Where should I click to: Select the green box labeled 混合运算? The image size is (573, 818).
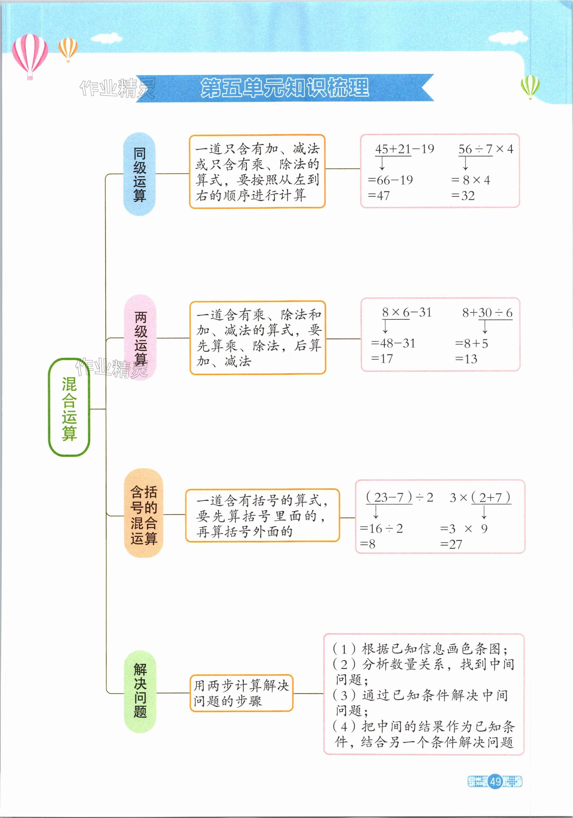pyautogui.click(x=69, y=407)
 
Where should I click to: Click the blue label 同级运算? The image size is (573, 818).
pyautogui.click(x=139, y=174)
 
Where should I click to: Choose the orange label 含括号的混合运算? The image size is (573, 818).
pyautogui.click(x=143, y=515)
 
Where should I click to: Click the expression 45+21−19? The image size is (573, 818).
pyautogui.click(x=405, y=149)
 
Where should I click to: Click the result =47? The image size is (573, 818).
pyautogui.click(x=379, y=196)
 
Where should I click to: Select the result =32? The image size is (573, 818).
pyautogui.click(x=463, y=196)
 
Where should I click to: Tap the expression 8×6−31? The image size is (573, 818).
pyautogui.click(x=406, y=313)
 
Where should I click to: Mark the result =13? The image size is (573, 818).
pyautogui.click(x=466, y=359)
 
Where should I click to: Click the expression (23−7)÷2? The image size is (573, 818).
pyautogui.click(x=399, y=497)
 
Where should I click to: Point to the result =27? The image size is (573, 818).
pyautogui.click(x=451, y=544)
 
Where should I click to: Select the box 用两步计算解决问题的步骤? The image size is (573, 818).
pyautogui.click(x=241, y=693)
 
